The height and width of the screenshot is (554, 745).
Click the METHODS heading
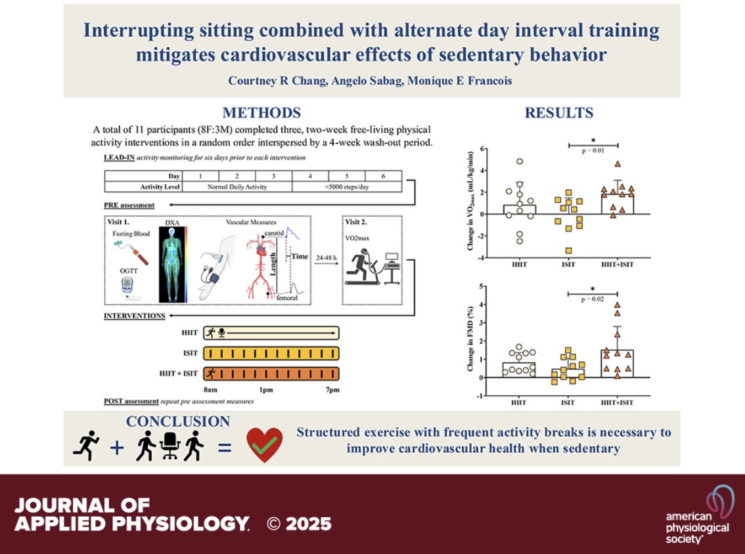click(261, 113)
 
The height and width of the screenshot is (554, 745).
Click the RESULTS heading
click(558, 113)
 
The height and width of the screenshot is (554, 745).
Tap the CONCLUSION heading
click(178, 421)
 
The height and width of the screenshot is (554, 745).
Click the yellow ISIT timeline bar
click(271, 354)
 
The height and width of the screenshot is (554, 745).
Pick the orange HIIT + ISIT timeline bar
click(271, 373)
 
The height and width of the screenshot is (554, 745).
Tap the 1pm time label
click(267, 391)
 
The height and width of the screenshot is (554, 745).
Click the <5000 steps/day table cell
click(346, 186)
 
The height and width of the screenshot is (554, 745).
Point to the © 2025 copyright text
click(299, 524)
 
